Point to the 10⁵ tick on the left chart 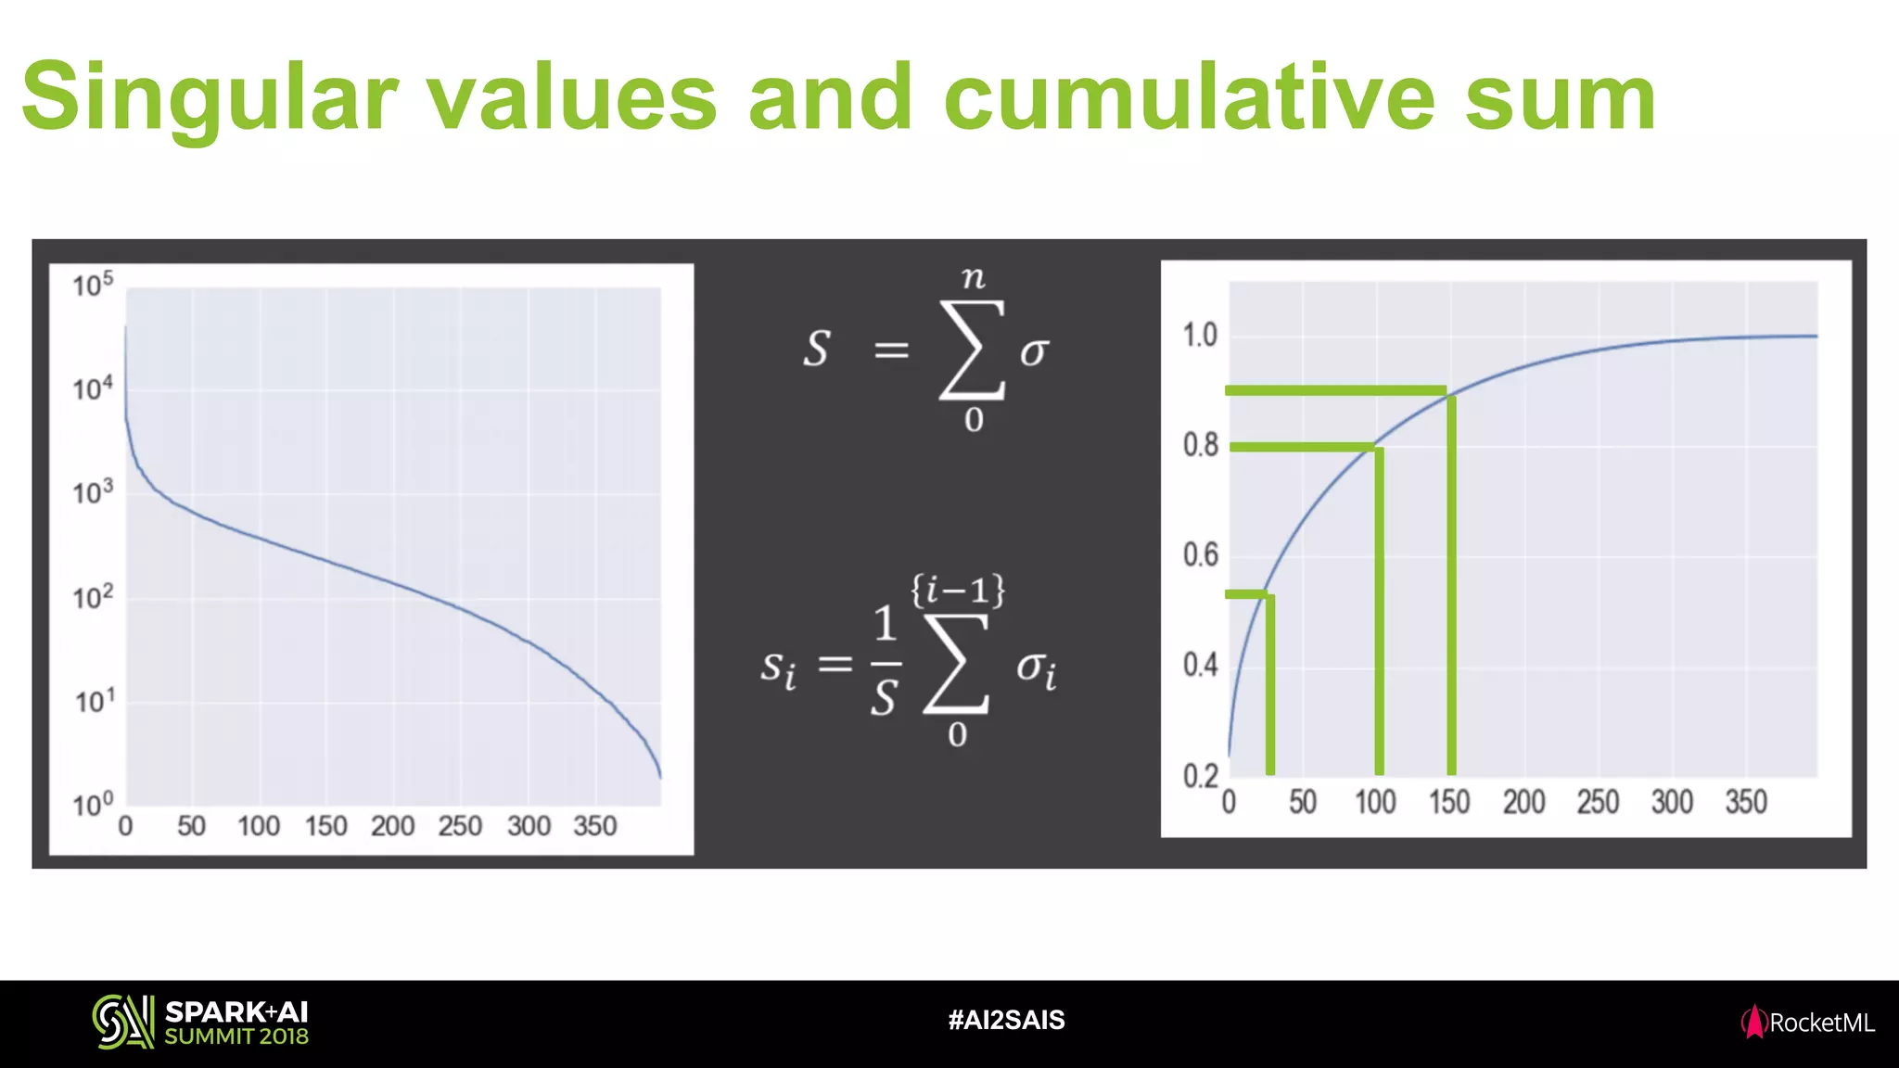pyautogui.click(x=93, y=285)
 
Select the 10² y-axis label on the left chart pyautogui.click(x=93, y=598)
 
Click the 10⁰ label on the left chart pyautogui.click(x=93, y=805)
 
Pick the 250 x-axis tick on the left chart pyautogui.click(x=460, y=826)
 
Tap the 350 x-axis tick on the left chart pyautogui.click(x=595, y=826)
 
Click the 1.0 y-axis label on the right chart pyautogui.click(x=1200, y=336)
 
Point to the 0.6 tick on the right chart pyautogui.click(x=1200, y=555)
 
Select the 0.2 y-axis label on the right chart pyautogui.click(x=1200, y=776)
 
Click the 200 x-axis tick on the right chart pyautogui.click(x=1523, y=802)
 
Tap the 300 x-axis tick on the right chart pyautogui.click(x=1672, y=802)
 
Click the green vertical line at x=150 pyautogui.click(x=1451, y=584)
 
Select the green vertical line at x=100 pyautogui.click(x=1379, y=612)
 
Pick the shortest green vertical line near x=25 pyautogui.click(x=1269, y=686)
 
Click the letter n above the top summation pyautogui.click(x=973, y=277)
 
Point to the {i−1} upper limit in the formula pyautogui.click(x=958, y=590)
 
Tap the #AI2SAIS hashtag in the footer pyautogui.click(x=1006, y=1021)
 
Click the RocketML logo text pyautogui.click(x=1821, y=1023)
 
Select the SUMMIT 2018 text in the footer pyautogui.click(x=236, y=1036)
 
